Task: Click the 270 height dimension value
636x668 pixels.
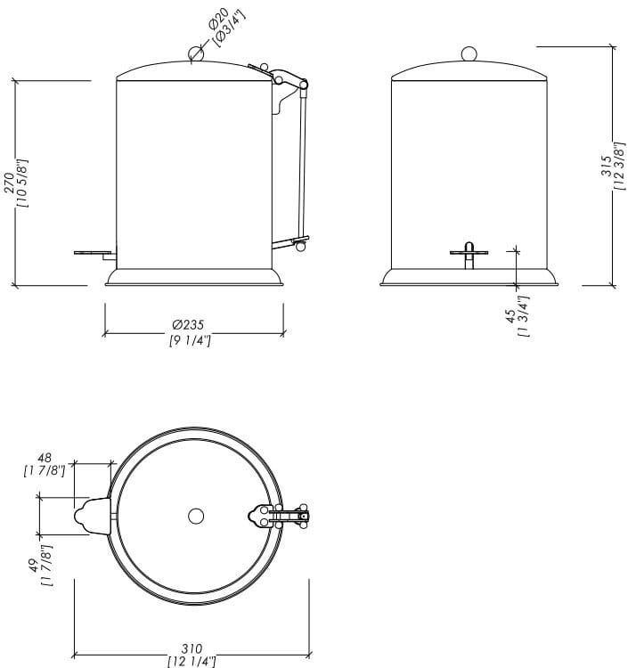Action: (x=9, y=183)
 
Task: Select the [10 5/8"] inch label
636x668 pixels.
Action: (x=22, y=183)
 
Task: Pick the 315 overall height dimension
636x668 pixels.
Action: (x=605, y=167)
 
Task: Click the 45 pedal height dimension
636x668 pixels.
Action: (x=509, y=316)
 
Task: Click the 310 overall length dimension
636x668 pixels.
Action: (x=192, y=648)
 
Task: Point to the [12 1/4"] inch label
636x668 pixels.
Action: (x=192, y=661)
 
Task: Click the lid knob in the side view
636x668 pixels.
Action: (x=197, y=55)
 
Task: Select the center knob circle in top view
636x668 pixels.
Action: (x=196, y=516)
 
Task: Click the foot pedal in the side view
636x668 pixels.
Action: (x=94, y=253)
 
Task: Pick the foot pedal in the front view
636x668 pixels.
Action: (x=469, y=252)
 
